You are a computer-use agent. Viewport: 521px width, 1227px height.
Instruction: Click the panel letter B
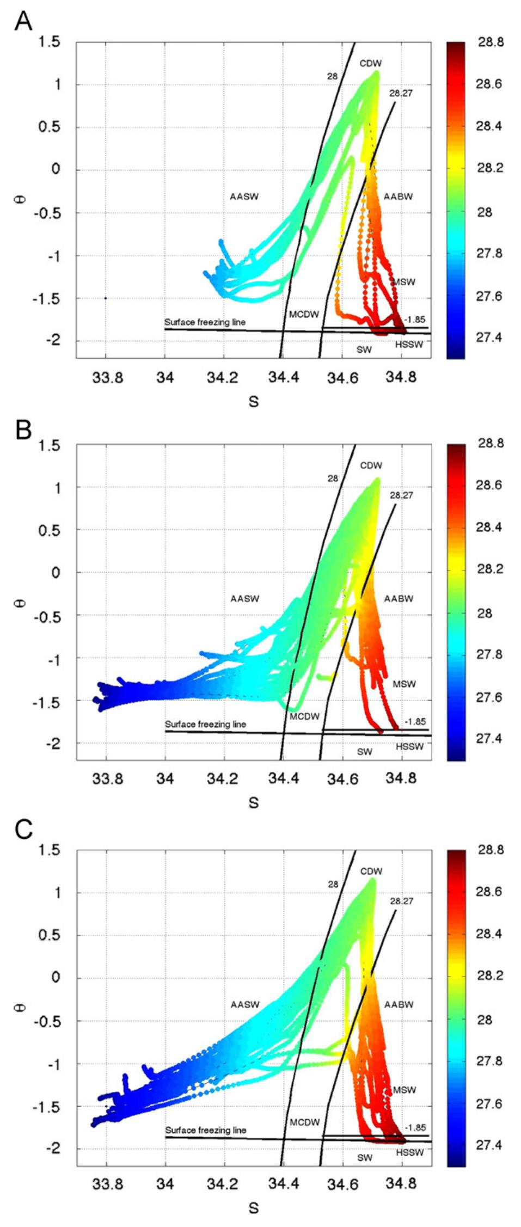point(23,430)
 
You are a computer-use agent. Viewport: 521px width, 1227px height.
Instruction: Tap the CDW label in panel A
point(370,64)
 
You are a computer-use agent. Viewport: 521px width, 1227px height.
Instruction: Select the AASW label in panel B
point(244,599)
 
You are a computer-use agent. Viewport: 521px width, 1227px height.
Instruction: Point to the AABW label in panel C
point(399,1004)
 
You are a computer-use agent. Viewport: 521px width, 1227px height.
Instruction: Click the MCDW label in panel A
point(304,314)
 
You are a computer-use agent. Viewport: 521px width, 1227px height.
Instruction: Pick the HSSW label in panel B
point(409,746)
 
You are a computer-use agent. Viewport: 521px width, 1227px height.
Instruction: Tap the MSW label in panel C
point(404,1090)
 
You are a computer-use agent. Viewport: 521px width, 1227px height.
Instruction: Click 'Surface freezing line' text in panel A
point(205,322)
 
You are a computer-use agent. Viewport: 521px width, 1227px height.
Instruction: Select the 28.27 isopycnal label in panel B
point(401,495)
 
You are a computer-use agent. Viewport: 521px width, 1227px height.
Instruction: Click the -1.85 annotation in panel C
point(415,1127)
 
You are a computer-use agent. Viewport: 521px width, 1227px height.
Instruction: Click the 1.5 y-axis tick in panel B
point(50,445)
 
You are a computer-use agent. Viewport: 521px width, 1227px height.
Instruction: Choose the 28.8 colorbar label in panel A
point(491,42)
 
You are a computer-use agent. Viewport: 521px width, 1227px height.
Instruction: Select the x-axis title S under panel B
point(253,802)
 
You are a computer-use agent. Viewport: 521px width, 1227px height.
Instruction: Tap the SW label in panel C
point(364,1157)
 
